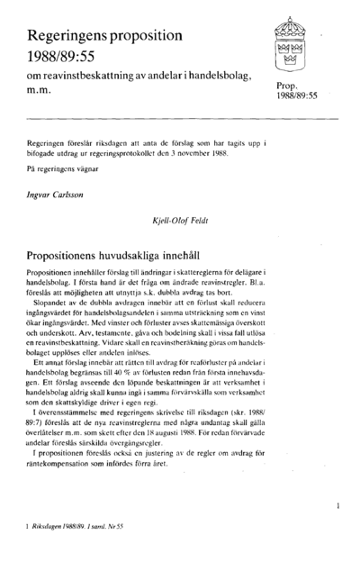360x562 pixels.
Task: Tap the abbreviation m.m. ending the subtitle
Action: point(40,91)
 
